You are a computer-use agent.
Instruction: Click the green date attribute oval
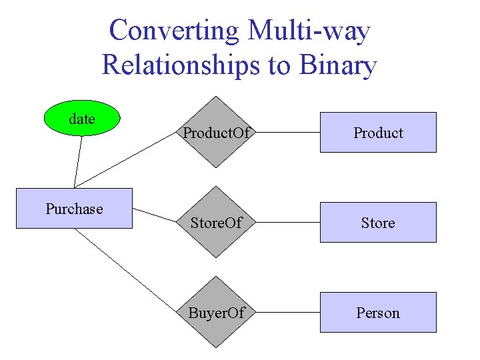81,119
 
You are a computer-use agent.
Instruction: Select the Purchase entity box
74,209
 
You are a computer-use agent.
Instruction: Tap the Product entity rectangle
378,133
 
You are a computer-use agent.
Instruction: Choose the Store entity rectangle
378,223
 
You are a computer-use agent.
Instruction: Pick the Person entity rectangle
378,313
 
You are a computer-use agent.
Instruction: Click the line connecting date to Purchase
79,161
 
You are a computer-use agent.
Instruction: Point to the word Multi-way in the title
309,31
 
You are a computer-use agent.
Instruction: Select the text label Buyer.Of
216,313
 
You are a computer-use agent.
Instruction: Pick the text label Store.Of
216,223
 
